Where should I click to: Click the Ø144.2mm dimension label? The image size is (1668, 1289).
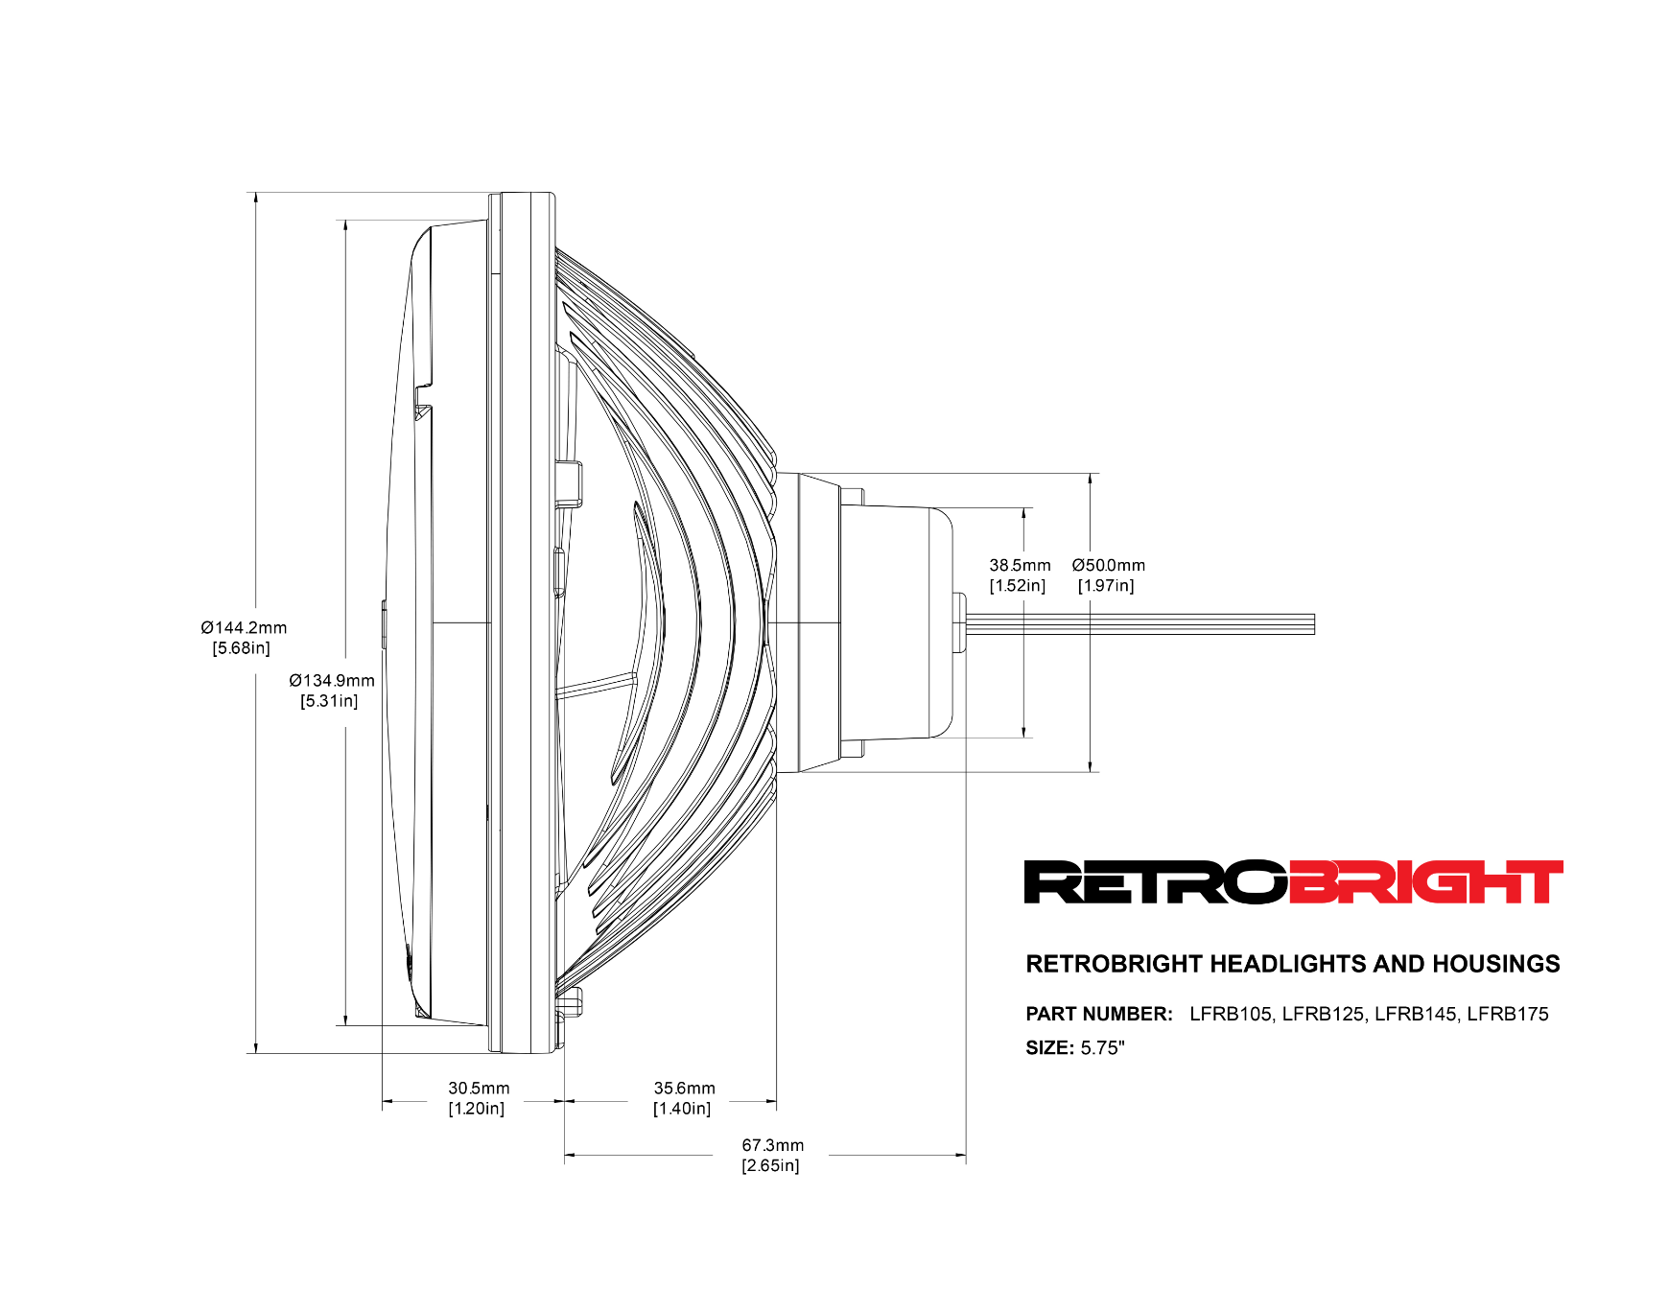(244, 628)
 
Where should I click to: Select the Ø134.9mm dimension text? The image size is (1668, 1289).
(332, 681)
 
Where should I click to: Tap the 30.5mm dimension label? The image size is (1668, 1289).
(479, 1089)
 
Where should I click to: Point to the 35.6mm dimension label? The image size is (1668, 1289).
(684, 1089)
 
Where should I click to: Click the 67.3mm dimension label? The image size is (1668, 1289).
(772, 1145)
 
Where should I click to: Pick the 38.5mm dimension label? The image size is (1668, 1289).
(1020, 566)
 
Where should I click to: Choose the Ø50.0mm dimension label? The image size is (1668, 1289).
(1108, 566)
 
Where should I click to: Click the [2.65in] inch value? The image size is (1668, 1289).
(770, 1166)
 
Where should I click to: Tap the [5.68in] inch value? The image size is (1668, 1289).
(242, 648)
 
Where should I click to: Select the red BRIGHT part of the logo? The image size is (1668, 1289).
(1425, 882)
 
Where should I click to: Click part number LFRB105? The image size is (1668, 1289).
(1231, 1015)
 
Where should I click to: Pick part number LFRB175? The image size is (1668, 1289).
(1508, 1015)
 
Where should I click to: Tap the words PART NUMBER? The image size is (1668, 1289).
(1099, 1015)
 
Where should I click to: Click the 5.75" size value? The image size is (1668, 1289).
(1102, 1048)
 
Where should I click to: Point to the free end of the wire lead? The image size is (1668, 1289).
(1312, 624)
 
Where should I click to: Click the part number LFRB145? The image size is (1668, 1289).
(1416, 1015)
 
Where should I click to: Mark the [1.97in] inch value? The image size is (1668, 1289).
(1106, 586)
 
